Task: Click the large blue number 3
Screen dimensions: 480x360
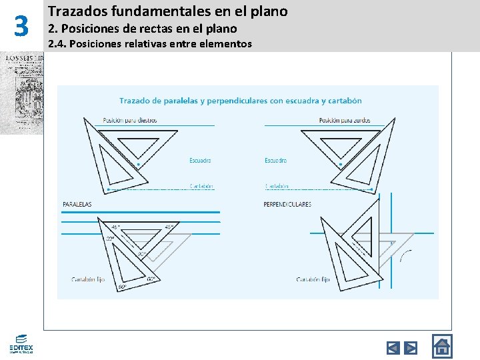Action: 21,27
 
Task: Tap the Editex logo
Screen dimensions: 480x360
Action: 21,343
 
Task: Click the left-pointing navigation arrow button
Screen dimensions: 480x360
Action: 393,347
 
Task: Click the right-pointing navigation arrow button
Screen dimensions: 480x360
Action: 411,347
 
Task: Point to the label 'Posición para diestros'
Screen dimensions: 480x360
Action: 130,121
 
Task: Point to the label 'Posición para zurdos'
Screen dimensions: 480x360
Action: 345,121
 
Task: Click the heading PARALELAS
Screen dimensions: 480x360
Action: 77,204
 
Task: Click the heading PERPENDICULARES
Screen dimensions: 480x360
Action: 287,204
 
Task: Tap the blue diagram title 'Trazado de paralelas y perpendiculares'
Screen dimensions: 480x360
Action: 240,101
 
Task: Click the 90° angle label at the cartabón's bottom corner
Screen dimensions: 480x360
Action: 123,287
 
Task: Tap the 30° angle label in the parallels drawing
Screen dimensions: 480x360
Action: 110,238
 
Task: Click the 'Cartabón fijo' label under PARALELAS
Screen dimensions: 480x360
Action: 88,279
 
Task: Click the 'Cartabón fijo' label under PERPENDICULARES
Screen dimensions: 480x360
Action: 313,279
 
